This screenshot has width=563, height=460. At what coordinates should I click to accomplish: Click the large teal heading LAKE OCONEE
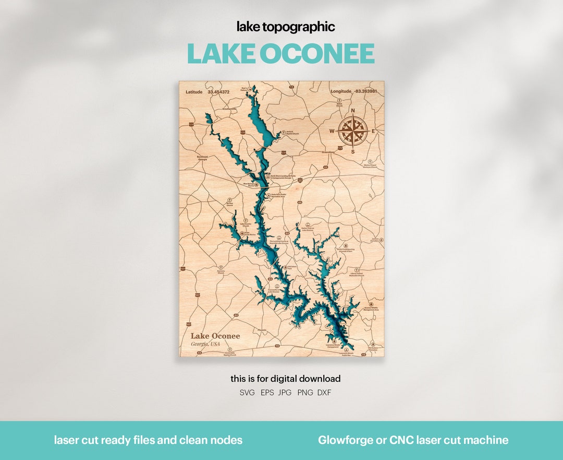pos(281,54)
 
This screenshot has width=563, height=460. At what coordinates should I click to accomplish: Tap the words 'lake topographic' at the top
pos(286,27)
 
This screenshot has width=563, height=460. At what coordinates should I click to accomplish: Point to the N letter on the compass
pos(353,111)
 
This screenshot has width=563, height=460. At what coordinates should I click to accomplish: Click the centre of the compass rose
pos(353,131)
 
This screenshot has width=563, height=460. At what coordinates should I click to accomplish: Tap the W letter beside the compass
pos(332,131)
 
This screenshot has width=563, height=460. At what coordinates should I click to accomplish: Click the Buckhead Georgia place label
pos(202,158)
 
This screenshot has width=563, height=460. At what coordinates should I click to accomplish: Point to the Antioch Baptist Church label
pos(292,133)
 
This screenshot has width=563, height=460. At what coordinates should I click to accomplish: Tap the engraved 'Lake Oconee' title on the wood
pos(215,336)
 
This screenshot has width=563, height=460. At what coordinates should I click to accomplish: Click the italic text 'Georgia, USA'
pos(205,344)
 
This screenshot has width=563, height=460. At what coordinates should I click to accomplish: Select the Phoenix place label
pos(262,330)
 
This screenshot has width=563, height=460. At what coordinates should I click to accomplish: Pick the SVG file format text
pos(247,393)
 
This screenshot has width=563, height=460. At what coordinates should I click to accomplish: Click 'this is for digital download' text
pos(286,379)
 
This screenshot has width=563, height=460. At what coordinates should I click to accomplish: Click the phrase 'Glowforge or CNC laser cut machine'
pos(413,440)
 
